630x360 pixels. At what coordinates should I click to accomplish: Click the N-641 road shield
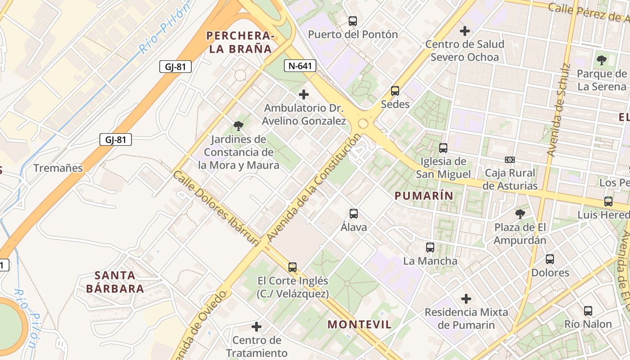(300, 66)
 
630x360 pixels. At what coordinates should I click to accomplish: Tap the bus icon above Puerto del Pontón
(353, 21)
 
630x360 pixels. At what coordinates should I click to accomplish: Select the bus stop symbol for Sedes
(395, 91)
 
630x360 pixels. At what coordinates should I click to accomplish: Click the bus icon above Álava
(354, 214)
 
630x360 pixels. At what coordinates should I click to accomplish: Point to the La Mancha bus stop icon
(430, 247)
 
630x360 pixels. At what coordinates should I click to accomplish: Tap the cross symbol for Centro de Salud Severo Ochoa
(465, 31)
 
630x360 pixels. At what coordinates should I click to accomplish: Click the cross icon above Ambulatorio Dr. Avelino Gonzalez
(304, 94)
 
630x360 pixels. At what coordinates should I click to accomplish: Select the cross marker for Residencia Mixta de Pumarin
(466, 298)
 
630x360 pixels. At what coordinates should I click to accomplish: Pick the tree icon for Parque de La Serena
(601, 60)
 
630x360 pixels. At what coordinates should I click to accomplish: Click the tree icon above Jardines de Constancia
(238, 126)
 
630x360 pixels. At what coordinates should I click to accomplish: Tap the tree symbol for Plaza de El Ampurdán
(520, 214)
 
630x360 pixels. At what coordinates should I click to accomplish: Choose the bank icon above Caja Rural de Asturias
(510, 160)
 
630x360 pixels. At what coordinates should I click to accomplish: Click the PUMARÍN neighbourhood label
(423, 195)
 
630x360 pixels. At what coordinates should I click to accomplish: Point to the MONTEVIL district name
(359, 324)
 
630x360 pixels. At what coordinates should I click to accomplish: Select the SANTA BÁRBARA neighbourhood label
(115, 282)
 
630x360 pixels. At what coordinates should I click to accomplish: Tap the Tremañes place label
(58, 168)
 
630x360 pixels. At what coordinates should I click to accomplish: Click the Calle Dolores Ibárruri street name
(216, 208)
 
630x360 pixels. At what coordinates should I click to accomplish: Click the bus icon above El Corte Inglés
(292, 267)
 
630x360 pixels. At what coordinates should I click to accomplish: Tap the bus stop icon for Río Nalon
(588, 310)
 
